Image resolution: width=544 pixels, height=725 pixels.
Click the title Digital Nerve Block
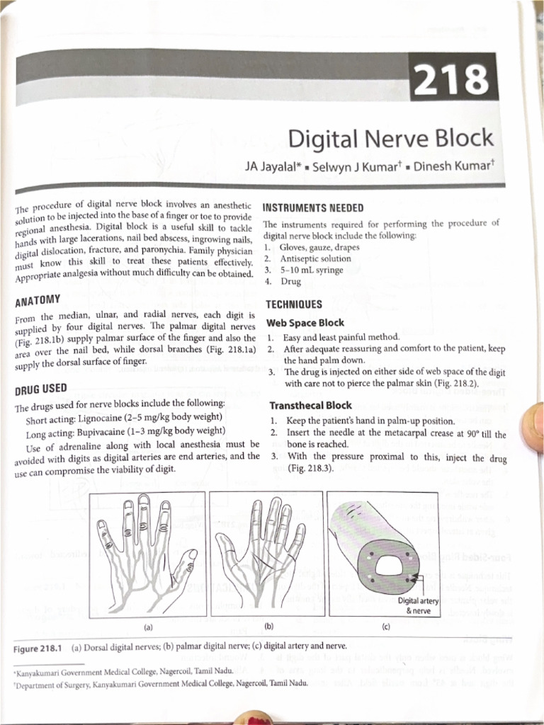pos(390,136)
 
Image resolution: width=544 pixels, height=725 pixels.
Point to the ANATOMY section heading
pos(38,299)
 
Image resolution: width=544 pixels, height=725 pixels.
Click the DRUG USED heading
pos(40,389)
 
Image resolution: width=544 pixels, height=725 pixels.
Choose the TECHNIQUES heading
pos(293,304)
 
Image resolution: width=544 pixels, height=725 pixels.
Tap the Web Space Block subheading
pos(305,323)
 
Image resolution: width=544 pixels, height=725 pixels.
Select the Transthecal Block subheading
pos(311,406)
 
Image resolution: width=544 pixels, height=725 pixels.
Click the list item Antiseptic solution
pos(315,259)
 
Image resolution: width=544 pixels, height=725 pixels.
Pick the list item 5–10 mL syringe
pos(310,270)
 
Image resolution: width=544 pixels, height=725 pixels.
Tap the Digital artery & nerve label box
pos(419,605)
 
